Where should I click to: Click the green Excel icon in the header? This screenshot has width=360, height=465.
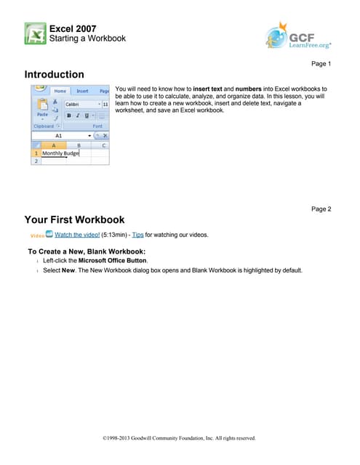pos(35,33)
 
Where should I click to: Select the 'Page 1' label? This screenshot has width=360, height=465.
pos(321,64)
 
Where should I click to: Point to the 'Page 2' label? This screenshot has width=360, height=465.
pos(321,209)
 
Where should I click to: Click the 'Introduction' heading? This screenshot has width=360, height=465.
pos(54,75)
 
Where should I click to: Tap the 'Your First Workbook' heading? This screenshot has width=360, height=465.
pos(74,219)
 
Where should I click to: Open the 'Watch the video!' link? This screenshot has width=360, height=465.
pos(78,235)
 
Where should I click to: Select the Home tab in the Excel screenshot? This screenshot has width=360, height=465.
pos(61,92)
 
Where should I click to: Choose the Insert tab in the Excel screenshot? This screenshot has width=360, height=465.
pos(82,92)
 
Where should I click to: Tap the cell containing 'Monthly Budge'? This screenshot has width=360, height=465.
pos(60,153)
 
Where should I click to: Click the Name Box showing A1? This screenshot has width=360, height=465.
pos(60,135)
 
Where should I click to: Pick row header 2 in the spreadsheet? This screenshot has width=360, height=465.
pos(35,161)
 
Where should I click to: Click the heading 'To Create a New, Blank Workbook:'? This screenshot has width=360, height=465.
pos(92,251)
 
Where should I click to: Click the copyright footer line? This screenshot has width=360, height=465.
pos(180,438)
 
